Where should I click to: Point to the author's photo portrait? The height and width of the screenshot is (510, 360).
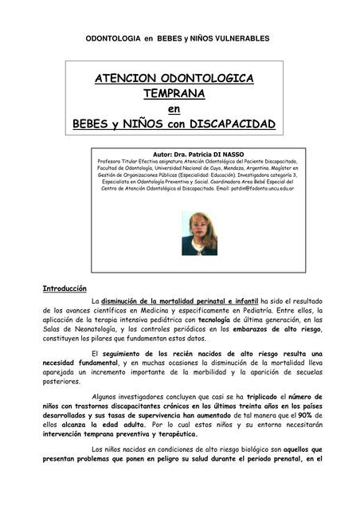199,233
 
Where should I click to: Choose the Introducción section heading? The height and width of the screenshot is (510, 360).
64,288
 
